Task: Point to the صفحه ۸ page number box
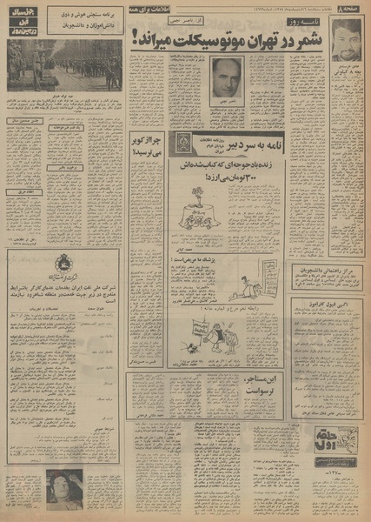(x=350, y=8)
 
